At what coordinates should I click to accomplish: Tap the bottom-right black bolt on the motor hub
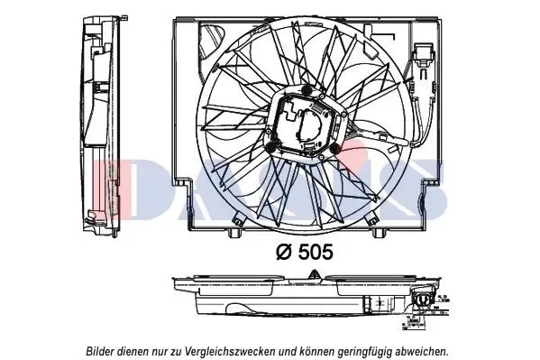[335, 148]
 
